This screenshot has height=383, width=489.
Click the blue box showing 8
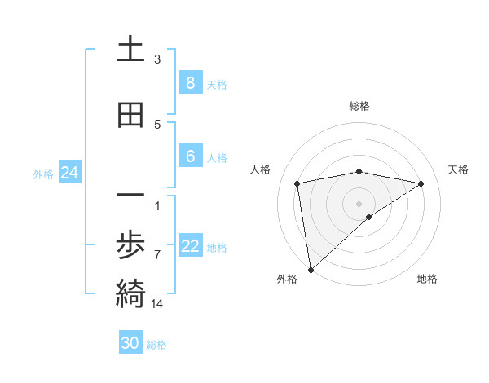190,82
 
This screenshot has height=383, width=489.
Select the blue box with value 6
190,156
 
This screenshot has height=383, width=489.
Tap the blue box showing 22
190,246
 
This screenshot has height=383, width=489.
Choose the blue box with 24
69,172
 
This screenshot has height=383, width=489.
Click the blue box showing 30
130,343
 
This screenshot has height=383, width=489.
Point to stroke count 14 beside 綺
157,304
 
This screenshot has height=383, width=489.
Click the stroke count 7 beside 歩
157,255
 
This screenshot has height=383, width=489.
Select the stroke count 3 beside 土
157,59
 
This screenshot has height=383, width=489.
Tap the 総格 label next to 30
156,345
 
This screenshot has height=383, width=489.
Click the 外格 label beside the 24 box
43,174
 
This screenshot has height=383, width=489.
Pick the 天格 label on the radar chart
459,169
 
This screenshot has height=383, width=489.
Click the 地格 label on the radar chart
427,279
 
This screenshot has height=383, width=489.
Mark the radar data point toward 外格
311,269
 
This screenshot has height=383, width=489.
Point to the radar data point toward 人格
297,183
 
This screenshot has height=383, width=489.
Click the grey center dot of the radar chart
359,203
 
